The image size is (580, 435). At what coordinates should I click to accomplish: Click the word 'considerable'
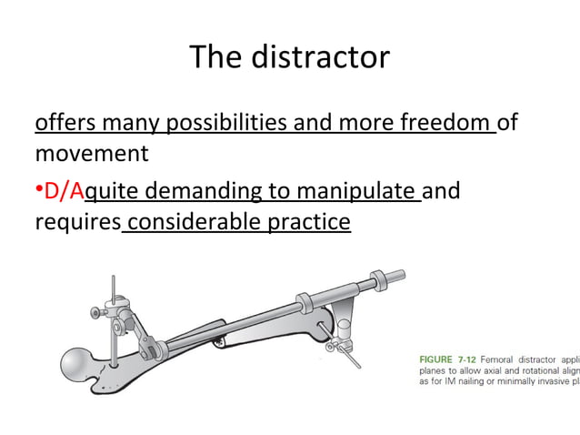[x=197, y=221]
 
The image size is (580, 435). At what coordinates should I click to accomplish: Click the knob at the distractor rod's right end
[x=397, y=273]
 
